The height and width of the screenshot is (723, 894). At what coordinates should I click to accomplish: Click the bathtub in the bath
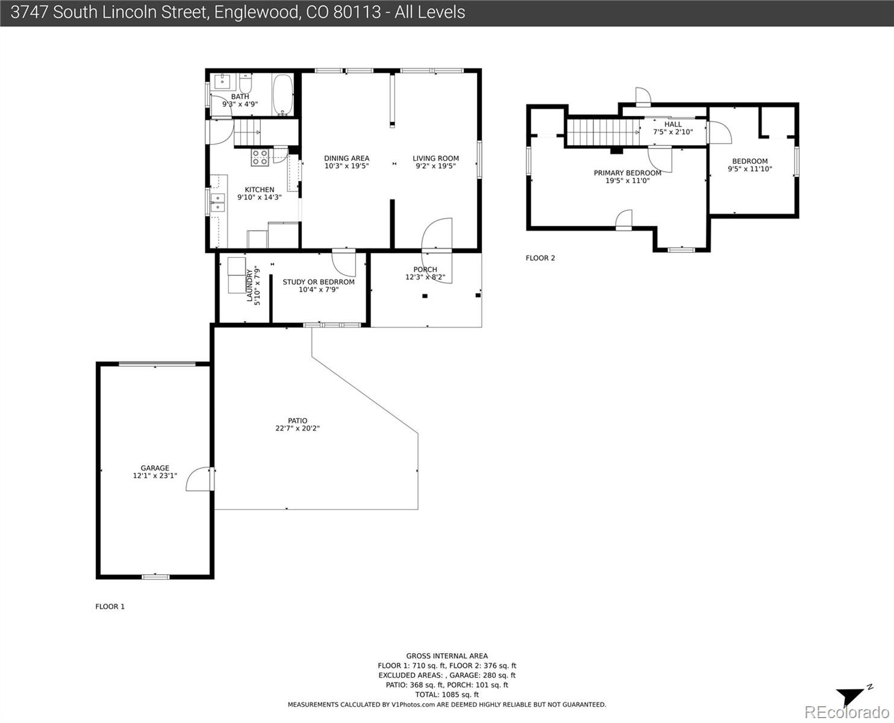(283, 95)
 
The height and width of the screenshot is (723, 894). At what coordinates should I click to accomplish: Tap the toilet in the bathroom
(246, 84)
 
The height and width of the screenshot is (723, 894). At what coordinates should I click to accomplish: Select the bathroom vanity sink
(222, 81)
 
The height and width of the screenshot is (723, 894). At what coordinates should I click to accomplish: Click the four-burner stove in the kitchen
(260, 158)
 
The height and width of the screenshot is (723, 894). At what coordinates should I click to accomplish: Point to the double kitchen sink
(217, 202)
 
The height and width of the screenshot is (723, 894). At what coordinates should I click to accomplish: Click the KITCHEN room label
(260, 190)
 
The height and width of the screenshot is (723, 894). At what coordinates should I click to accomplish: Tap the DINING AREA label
(346, 158)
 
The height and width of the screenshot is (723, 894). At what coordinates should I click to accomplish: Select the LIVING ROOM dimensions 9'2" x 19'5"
(436, 166)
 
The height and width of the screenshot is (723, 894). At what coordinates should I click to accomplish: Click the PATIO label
(298, 421)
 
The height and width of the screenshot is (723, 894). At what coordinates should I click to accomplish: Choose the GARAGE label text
(155, 468)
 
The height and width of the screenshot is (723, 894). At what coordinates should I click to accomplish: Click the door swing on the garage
(198, 479)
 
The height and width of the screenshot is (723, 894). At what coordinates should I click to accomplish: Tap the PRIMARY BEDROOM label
(628, 173)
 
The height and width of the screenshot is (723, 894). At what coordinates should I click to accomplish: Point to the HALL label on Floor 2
(673, 124)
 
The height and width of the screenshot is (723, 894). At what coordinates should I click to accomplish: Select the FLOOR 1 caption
(110, 606)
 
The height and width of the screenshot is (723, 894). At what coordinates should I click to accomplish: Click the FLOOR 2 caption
(540, 258)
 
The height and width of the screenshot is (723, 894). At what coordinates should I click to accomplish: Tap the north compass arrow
(852, 697)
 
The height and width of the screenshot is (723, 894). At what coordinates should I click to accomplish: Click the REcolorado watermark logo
(846, 712)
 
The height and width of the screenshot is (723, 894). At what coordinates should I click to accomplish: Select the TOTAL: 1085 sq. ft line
(447, 695)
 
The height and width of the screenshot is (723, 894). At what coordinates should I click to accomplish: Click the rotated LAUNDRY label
(250, 286)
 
